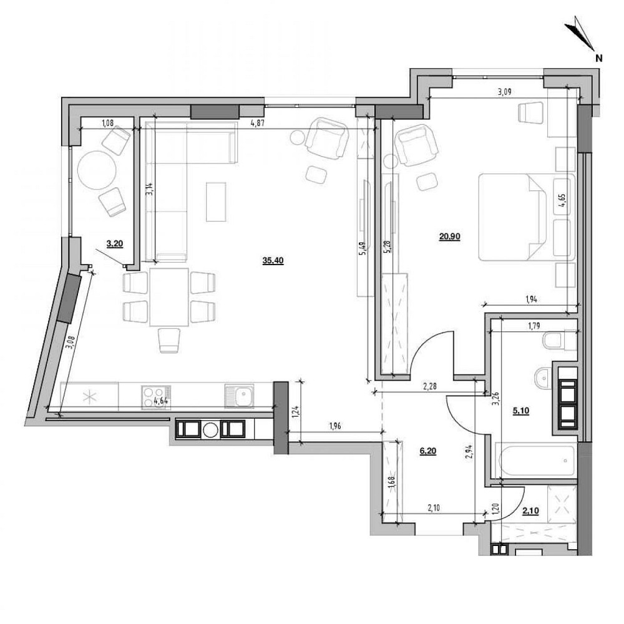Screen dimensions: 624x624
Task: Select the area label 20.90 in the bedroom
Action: (449, 236)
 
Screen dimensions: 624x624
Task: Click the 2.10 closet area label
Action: (530, 512)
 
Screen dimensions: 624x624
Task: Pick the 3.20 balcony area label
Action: (114, 245)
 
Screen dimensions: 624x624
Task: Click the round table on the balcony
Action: (97, 169)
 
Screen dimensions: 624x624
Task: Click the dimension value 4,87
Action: (257, 123)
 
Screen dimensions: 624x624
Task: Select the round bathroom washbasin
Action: (542, 376)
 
